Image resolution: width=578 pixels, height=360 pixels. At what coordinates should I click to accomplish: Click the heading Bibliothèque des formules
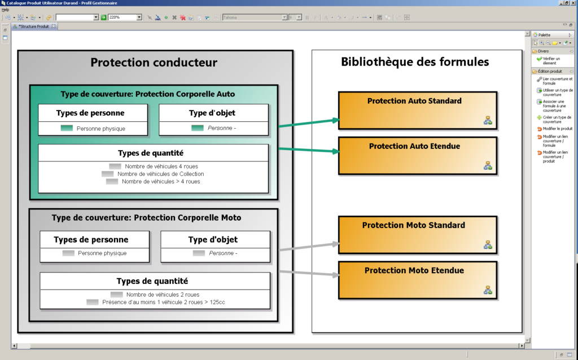415,62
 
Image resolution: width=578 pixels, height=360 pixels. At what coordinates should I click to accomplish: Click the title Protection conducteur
154,63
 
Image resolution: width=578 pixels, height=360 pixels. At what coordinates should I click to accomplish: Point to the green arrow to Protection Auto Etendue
308,151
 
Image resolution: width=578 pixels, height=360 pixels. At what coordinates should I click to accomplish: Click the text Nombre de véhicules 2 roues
163,295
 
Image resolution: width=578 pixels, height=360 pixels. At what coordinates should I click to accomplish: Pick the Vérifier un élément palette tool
551,60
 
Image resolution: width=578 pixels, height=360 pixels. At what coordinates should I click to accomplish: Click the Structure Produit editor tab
34,27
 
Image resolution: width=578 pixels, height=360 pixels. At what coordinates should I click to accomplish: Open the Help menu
5,10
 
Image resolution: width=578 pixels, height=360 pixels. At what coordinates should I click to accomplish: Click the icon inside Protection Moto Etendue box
488,290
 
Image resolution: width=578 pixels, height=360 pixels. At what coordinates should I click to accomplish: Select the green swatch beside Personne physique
67,128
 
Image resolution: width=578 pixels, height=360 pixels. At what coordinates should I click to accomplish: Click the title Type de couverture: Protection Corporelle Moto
146,218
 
